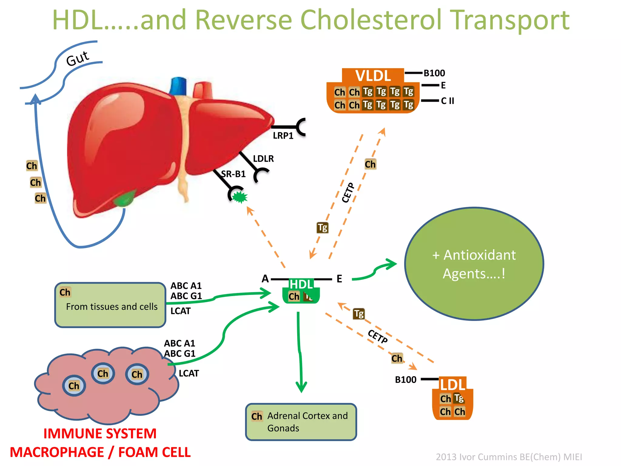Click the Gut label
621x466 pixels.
[x=78, y=58]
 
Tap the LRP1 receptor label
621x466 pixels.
[x=283, y=136]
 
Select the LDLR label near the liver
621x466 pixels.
[x=263, y=159]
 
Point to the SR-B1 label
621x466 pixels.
[x=233, y=174]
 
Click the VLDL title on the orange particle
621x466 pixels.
[x=373, y=76]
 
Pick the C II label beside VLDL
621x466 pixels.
[x=447, y=101]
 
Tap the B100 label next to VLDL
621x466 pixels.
[x=434, y=73]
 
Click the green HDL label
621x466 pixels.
[x=301, y=284]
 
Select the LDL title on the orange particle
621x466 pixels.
[x=453, y=385]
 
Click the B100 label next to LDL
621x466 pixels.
[x=406, y=380]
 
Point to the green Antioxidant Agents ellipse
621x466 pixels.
[x=474, y=264]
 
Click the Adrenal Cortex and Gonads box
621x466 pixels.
[x=301, y=422]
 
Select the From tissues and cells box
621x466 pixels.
[x=110, y=305]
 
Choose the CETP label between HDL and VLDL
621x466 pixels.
[x=348, y=193]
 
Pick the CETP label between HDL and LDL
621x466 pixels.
[x=378, y=336]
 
